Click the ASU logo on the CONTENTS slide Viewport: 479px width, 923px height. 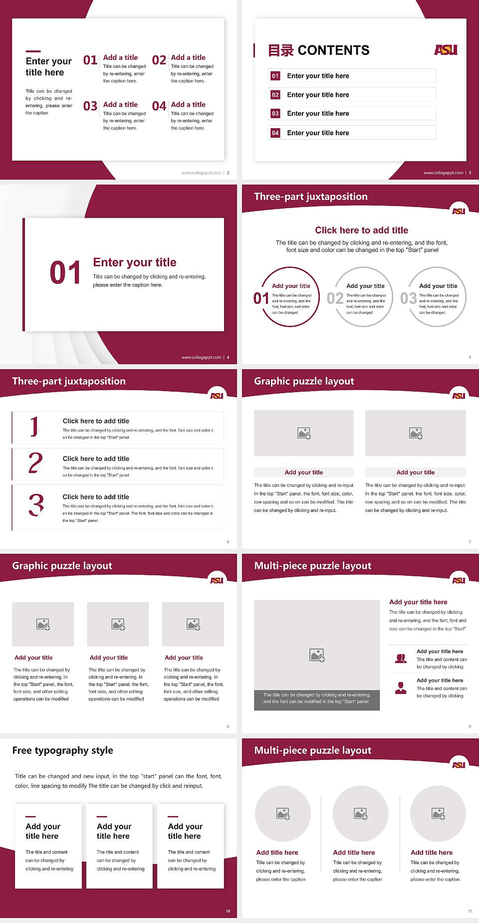coord(446,50)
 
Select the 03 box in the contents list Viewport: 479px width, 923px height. coord(275,114)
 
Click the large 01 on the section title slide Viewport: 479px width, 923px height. coord(65,272)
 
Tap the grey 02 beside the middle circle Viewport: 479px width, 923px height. coord(335,298)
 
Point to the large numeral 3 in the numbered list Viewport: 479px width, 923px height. coord(36,505)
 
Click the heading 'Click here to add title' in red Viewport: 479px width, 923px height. coord(361,230)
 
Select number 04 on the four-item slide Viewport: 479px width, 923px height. coord(159,106)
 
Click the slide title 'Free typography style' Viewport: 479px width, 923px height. coord(62,750)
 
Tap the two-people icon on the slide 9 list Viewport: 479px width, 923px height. coord(401,659)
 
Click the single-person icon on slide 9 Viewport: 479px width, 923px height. coord(401,688)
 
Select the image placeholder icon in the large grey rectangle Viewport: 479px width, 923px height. coord(317,655)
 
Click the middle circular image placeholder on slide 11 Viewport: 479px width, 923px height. coord(361,814)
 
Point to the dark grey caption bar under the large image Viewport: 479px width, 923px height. coord(317,698)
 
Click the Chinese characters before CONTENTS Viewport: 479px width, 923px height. coord(280,50)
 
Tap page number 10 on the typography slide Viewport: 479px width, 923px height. coord(228,911)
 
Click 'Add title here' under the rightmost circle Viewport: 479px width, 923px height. coord(432,853)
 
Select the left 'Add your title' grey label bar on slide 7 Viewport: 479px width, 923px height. coord(303,472)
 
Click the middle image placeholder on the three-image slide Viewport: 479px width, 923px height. coord(118,624)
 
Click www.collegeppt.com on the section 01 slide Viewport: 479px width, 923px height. coord(201,357)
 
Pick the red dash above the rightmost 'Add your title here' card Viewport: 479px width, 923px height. coord(173,817)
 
